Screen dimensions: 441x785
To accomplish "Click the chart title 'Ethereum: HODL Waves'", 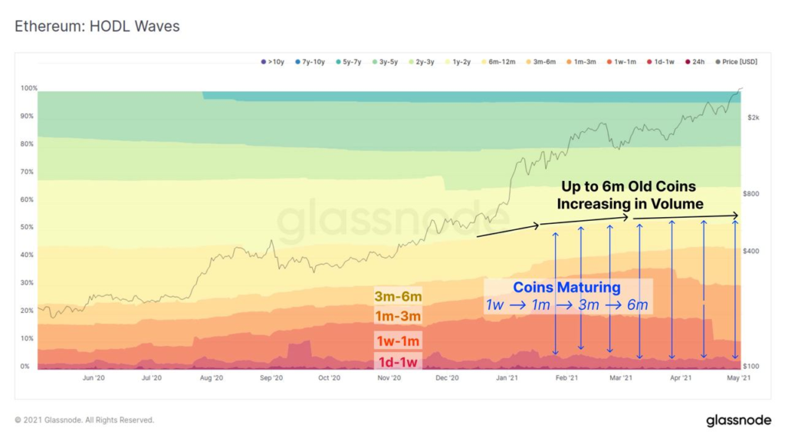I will pos(97,27).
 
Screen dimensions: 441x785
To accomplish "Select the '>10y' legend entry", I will pos(274,61).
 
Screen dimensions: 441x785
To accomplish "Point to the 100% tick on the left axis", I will pos(28,89).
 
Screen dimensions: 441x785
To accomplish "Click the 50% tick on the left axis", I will pos(28,228).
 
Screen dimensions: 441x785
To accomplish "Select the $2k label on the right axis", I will pos(753,117).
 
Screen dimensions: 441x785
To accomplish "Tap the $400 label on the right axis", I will pos(752,252).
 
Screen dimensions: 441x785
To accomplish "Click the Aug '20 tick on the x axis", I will pos(211,378).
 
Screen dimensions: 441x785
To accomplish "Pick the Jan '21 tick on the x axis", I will pos(506,378).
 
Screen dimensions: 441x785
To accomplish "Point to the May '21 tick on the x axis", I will pos(739,378).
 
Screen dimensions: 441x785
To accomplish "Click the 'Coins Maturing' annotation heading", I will pos(567,288).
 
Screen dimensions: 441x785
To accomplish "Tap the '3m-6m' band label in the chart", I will pos(398,297).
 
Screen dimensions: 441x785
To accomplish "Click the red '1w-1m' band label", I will pos(398,341).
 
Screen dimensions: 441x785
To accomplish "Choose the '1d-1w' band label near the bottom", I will pos(398,362).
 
